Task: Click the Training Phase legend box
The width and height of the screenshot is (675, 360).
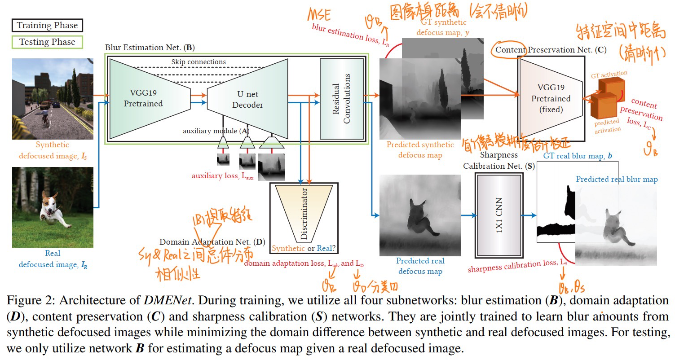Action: click(47, 26)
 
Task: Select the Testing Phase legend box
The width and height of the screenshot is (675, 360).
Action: click(47, 42)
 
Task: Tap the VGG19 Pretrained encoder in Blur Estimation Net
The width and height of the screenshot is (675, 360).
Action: click(144, 99)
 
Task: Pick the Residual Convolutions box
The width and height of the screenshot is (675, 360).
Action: click(341, 99)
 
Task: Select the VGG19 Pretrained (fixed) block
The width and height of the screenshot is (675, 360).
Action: click(551, 99)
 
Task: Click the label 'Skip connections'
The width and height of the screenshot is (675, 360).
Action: click(199, 61)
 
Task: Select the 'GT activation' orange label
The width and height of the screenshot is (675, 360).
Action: click(609, 74)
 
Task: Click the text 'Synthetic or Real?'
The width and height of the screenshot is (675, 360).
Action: click(304, 248)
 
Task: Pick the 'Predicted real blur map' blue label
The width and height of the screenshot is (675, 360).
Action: click(617, 179)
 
